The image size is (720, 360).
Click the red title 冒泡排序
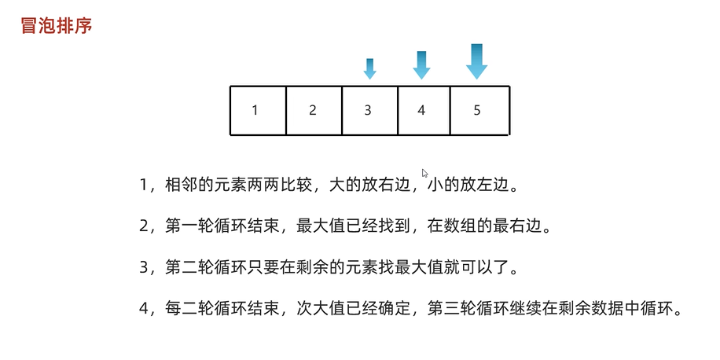(x=56, y=25)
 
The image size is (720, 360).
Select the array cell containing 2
(x=314, y=110)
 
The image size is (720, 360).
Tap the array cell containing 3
(x=369, y=110)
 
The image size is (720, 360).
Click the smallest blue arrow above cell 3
(x=370, y=68)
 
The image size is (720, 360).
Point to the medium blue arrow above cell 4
(x=422, y=65)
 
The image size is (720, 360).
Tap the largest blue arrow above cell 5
(x=476, y=61)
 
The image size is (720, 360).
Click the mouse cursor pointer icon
(x=425, y=174)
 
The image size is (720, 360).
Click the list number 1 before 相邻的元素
(x=143, y=186)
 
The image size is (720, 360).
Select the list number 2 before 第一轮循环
(x=143, y=227)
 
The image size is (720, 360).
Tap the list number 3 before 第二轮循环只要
(x=143, y=268)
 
